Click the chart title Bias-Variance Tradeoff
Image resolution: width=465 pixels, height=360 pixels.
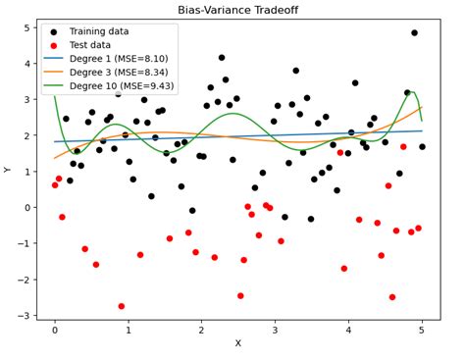point(237,10)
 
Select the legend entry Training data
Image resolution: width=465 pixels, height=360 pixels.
point(99,31)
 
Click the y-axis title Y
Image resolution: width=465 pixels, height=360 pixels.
point(8,170)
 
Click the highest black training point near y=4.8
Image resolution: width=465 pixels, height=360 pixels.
point(414,33)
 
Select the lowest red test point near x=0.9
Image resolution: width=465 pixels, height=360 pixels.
point(122,306)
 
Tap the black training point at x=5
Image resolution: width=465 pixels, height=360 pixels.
point(422,147)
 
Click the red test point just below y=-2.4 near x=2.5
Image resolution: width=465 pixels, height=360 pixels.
point(240,295)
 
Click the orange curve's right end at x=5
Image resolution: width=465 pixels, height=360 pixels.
point(422,107)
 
